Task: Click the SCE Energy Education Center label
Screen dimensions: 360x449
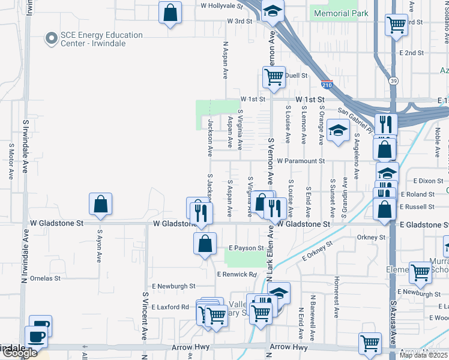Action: coord(101,39)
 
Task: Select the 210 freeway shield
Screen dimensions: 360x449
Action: coord(327,85)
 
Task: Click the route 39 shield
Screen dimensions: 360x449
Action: coord(393,81)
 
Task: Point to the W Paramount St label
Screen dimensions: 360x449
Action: coord(301,161)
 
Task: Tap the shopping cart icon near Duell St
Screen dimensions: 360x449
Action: coord(274,77)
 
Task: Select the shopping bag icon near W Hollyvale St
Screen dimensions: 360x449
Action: coord(170,12)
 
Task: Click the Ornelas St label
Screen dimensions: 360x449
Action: coord(46,278)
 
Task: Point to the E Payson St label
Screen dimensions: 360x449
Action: coord(246,248)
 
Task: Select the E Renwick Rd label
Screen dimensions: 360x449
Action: coord(237,274)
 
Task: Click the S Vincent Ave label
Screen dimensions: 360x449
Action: coord(145,316)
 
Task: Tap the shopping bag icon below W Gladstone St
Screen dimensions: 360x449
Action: coord(205,244)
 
